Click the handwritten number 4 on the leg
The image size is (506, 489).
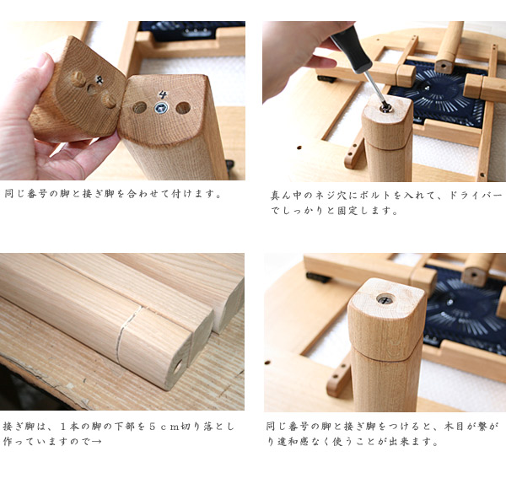163,94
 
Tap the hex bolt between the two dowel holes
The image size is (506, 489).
161,108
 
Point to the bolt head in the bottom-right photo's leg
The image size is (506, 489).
385,299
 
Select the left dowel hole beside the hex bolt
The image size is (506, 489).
140,107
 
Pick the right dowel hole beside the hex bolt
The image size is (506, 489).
183,109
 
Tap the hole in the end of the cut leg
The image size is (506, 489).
178,367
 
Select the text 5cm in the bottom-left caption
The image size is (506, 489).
164,427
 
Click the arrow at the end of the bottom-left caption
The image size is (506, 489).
96,442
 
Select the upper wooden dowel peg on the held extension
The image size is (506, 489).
78,78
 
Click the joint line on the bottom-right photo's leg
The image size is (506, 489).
386,355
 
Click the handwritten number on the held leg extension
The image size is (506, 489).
100,79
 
